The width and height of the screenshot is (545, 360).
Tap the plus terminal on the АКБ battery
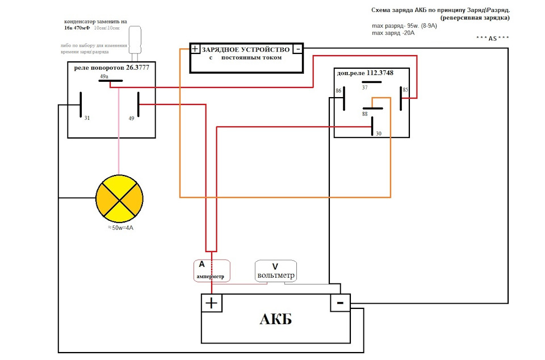(x=211, y=303)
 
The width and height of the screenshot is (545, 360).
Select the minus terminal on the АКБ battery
(x=340, y=303)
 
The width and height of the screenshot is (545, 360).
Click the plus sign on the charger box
(x=195, y=49)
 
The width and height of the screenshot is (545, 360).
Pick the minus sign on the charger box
(x=298, y=49)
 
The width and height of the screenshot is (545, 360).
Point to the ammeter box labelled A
(x=211, y=270)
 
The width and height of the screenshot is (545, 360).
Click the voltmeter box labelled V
(x=275, y=271)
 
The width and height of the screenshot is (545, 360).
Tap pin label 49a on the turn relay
(x=104, y=76)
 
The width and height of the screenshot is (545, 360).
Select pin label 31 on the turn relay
(x=87, y=119)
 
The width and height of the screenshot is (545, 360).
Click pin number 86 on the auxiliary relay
(x=339, y=90)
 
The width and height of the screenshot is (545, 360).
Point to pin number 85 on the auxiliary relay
(x=405, y=89)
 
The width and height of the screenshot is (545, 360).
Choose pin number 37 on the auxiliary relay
(x=364, y=87)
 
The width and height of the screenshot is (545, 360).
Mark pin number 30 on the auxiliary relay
(x=378, y=133)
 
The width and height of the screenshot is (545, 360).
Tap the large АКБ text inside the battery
(x=275, y=319)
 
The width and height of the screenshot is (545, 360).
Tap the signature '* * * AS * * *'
(x=493, y=38)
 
